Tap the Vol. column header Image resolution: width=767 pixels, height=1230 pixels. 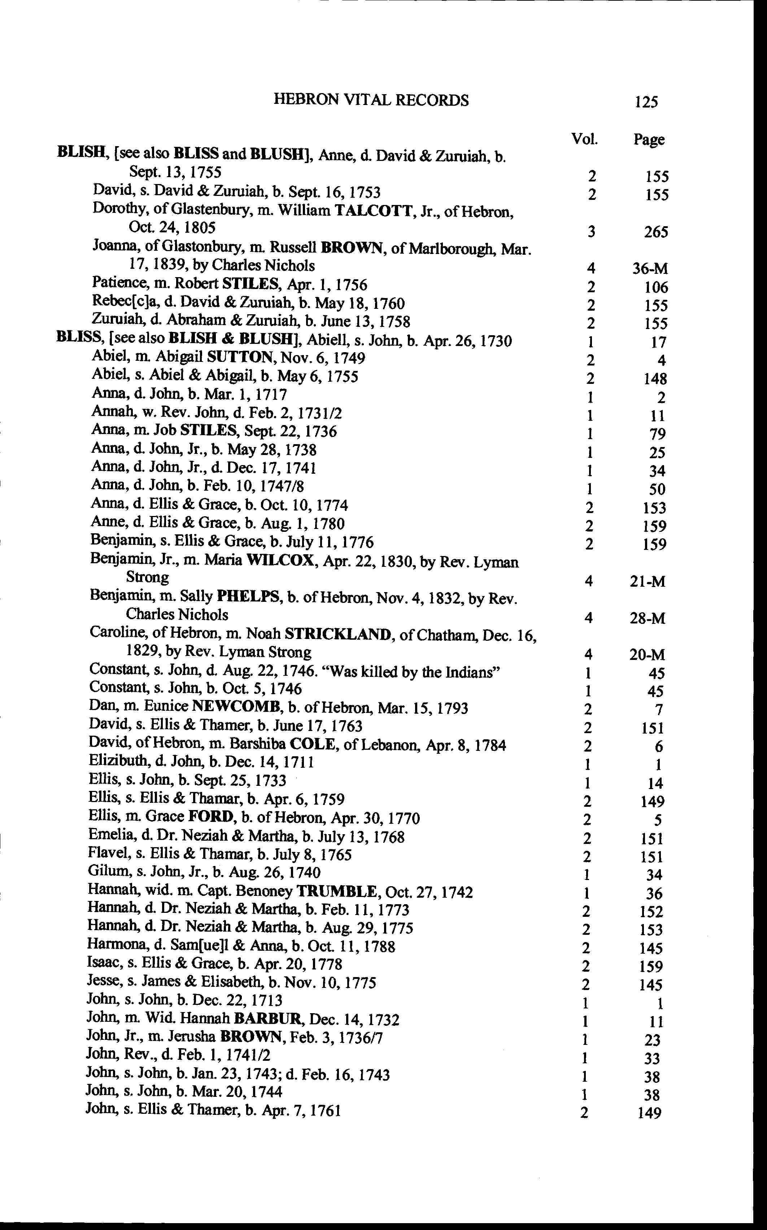[584, 139]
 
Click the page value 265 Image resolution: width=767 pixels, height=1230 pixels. [656, 232]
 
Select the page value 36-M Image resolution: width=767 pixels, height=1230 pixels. [649, 269]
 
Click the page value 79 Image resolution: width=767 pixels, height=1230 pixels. [657, 434]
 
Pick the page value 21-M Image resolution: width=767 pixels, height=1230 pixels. [647, 582]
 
